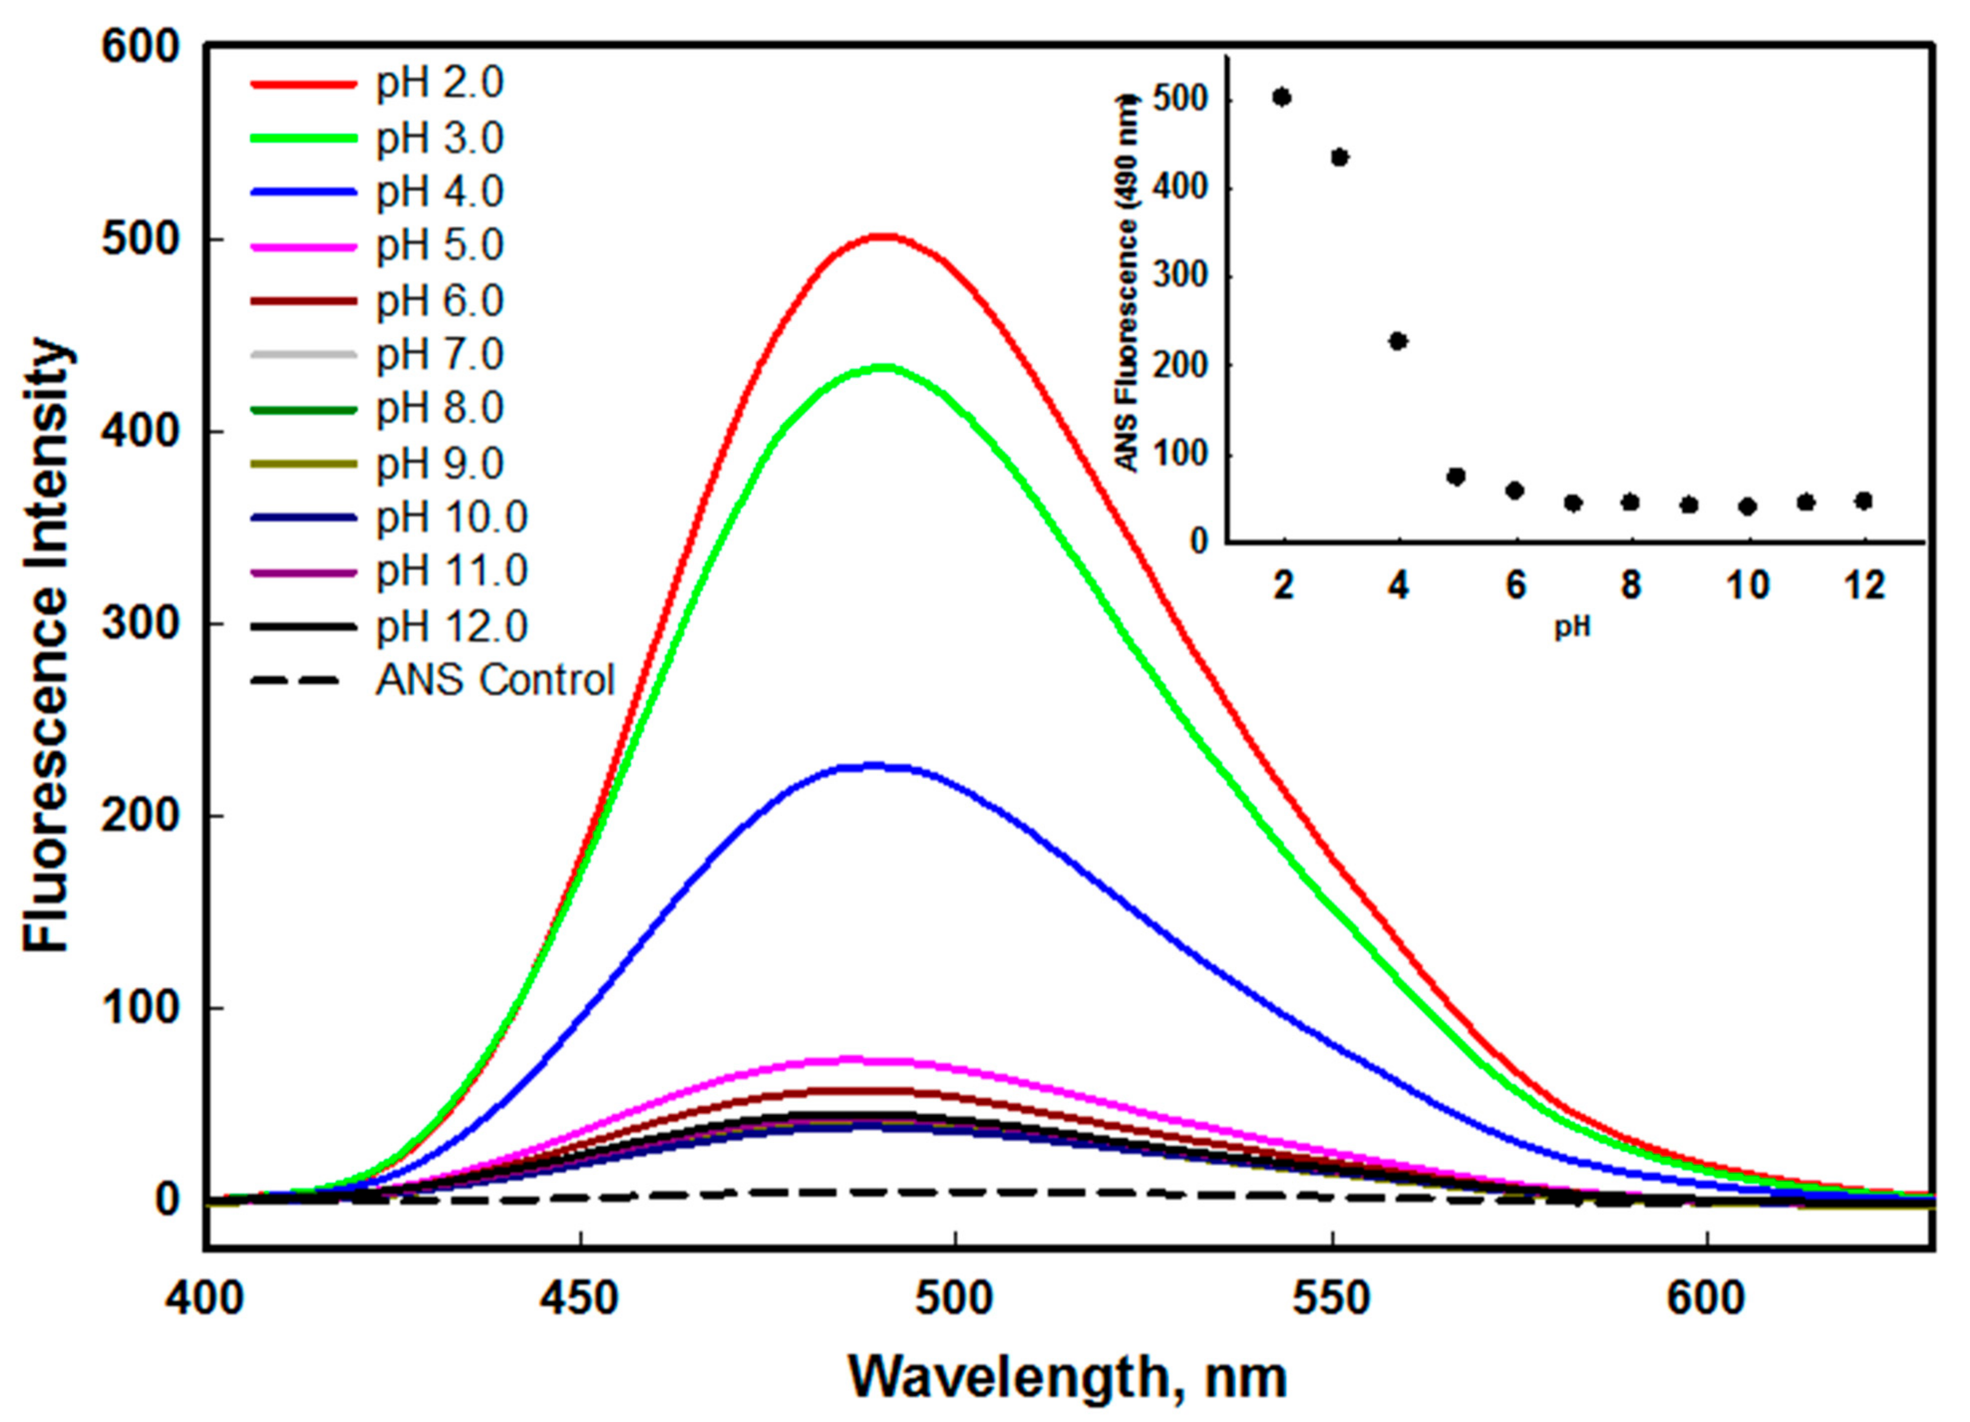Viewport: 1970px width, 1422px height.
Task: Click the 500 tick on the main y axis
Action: (139, 240)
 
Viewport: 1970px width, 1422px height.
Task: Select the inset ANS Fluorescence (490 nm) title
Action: (1128, 282)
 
